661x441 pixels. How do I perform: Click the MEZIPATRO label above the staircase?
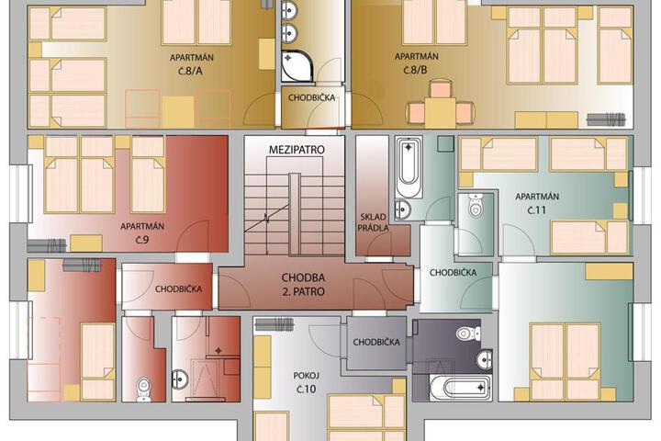click(297, 150)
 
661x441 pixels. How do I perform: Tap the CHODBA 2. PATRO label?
click(303, 285)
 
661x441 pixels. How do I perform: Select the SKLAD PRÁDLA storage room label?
click(373, 222)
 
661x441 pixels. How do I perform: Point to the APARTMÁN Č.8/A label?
click(191, 64)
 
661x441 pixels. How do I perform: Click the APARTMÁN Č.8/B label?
click(416, 63)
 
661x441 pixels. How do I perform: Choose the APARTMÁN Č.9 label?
click(142, 233)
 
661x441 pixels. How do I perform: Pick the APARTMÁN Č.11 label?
click(537, 203)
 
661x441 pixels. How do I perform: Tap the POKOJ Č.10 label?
click(306, 383)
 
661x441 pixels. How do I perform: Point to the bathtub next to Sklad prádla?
click(409, 167)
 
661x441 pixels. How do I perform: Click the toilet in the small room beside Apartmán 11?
click(476, 206)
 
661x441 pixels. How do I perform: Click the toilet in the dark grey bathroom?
click(468, 334)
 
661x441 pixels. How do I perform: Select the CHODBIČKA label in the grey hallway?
click(376, 343)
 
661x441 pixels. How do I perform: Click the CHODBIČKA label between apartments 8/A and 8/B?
click(311, 98)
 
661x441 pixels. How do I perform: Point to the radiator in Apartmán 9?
click(47, 245)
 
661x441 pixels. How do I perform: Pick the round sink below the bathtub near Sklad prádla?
click(403, 209)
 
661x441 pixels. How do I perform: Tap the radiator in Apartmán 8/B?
click(605, 119)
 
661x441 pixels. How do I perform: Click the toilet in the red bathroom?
click(143, 389)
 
